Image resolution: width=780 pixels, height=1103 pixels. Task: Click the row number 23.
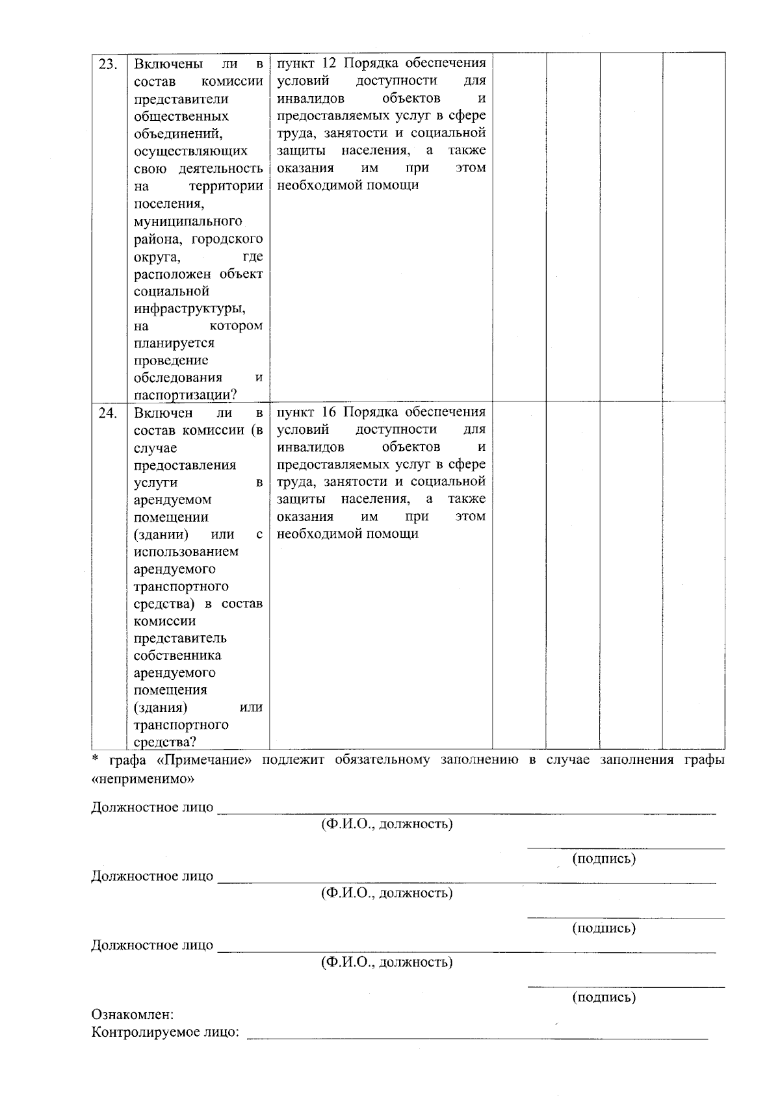(x=108, y=64)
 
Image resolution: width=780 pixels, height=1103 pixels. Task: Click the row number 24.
(x=108, y=413)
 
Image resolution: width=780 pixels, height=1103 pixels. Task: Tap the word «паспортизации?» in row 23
(x=185, y=395)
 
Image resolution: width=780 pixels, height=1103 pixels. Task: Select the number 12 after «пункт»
(x=330, y=63)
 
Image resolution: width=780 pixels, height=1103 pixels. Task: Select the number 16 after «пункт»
(x=330, y=412)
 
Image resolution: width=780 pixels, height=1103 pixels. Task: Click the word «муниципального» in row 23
(x=188, y=222)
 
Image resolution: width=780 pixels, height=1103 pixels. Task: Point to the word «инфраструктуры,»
(x=190, y=309)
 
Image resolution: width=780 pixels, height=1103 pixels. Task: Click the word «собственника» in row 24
(x=177, y=655)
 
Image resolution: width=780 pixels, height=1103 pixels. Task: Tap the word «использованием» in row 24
(x=186, y=551)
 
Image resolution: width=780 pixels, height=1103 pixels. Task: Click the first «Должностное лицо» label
(x=152, y=807)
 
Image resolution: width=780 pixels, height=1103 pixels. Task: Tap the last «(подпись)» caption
(x=603, y=997)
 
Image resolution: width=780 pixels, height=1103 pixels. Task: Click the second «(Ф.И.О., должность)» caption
(x=387, y=893)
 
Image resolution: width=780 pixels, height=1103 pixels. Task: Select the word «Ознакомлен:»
(x=133, y=1015)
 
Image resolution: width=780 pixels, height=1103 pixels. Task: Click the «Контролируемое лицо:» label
(x=165, y=1032)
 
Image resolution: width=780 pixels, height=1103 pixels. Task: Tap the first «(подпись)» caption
(x=603, y=859)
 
